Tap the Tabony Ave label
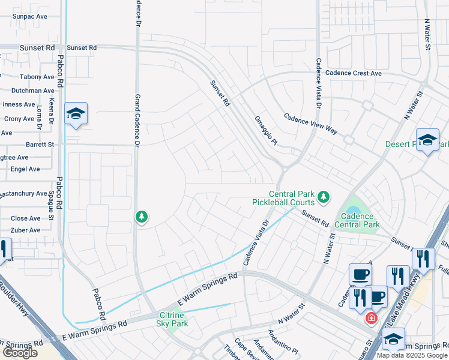[x=37, y=77]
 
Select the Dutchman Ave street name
[x=32, y=91]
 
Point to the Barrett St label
[x=40, y=145]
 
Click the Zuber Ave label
[x=26, y=230]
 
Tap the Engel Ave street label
[x=25, y=169]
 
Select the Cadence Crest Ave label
[x=354, y=73]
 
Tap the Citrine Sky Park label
[x=173, y=319]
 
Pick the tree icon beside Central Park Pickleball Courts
[x=324, y=197]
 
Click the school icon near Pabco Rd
[x=76, y=114]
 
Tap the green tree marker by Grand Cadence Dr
[x=141, y=216]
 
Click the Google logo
[x=20, y=353]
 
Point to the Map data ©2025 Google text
[x=412, y=355]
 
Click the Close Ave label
[x=26, y=218]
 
